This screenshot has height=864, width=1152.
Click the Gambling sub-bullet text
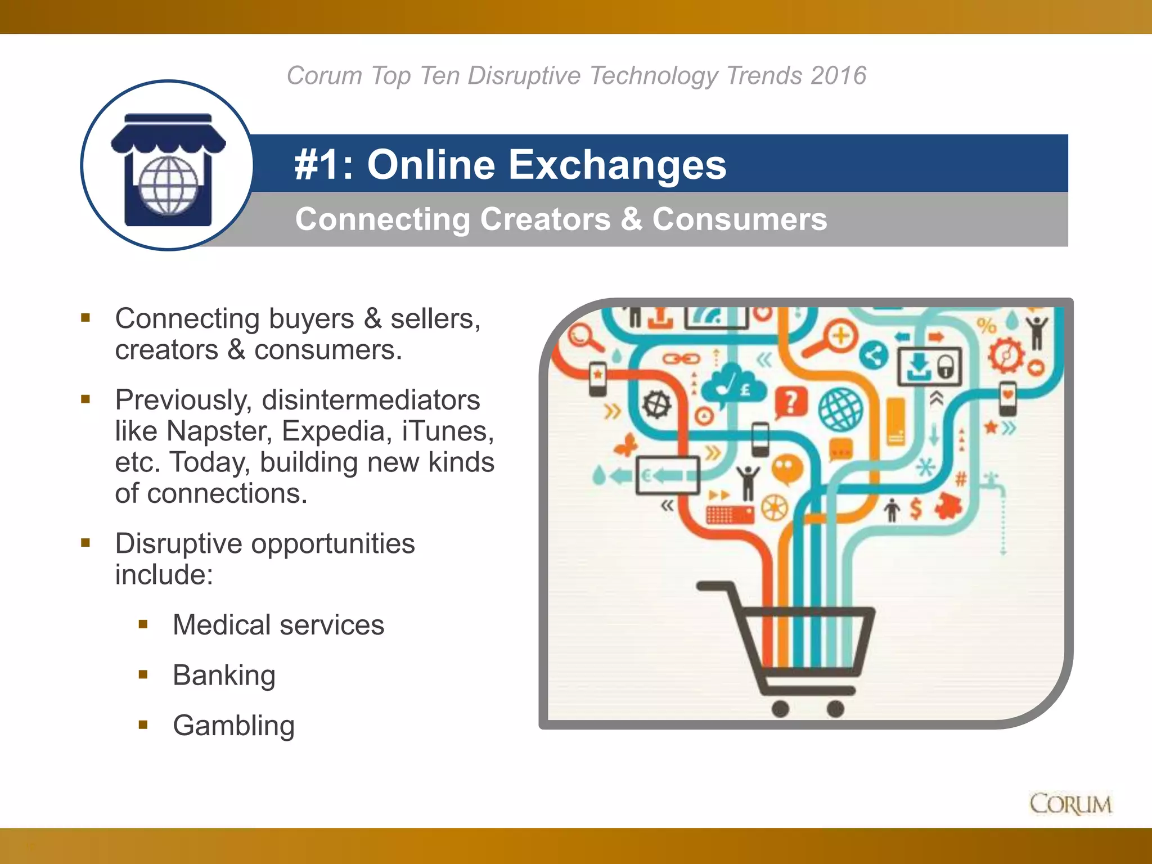tap(233, 726)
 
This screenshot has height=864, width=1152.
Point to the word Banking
tap(224, 676)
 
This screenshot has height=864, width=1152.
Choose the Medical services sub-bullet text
tap(278, 625)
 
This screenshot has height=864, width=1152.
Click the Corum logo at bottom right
tap(1070, 804)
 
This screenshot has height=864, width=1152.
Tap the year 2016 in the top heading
tap(838, 75)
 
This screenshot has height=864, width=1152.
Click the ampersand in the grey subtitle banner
tap(631, 219)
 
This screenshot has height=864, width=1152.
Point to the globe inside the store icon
tap(168, 186)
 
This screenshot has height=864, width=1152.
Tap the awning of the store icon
tap(168, 135)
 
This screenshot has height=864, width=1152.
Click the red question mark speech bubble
tap(791, 402)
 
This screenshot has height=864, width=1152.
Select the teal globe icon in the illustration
tap(840, 409)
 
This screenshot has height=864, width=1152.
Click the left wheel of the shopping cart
tap(780, 709)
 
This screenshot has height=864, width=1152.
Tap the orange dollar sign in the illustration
tap(916, 509)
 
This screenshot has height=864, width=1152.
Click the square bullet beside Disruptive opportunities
tap(85, 543)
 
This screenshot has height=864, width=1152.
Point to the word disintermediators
tap(371, 400)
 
